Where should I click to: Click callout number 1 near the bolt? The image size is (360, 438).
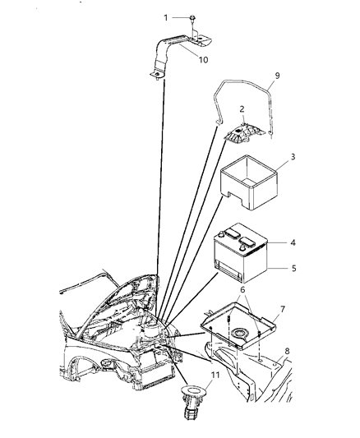coord(165,16)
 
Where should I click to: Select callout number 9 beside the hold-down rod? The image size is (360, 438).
coord(277,76)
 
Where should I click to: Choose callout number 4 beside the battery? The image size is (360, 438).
coord(293,243)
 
